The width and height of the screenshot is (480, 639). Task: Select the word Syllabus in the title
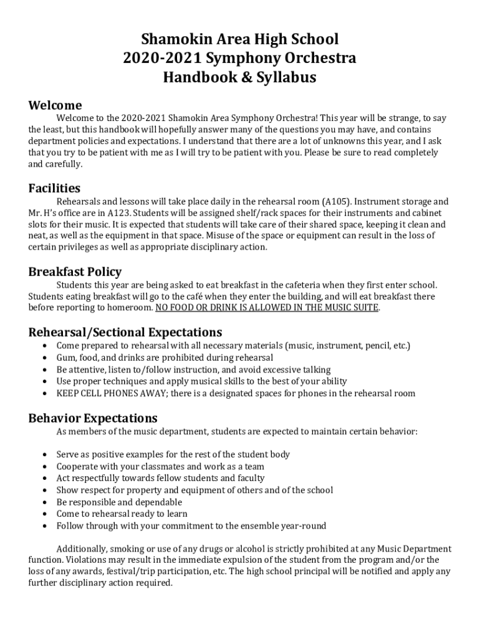tap(284, 77)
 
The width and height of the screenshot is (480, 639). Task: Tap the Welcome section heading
tap(55, 105)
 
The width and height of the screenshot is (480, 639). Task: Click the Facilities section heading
tap(54, 188)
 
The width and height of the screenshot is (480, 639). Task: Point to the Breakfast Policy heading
tap(75, 271)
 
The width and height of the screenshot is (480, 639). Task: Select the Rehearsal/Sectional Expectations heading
tap(125, 332)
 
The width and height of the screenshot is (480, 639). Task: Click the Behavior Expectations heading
tap(93, 417)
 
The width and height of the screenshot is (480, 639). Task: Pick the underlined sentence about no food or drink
tap(267, 308)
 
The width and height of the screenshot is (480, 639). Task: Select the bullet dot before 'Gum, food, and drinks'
tap(43, 358)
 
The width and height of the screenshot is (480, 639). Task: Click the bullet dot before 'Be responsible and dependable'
tap(43, 502)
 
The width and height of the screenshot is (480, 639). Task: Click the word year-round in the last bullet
tap(303, 525)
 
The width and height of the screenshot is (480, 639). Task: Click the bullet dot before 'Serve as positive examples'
tap(43, 454)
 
